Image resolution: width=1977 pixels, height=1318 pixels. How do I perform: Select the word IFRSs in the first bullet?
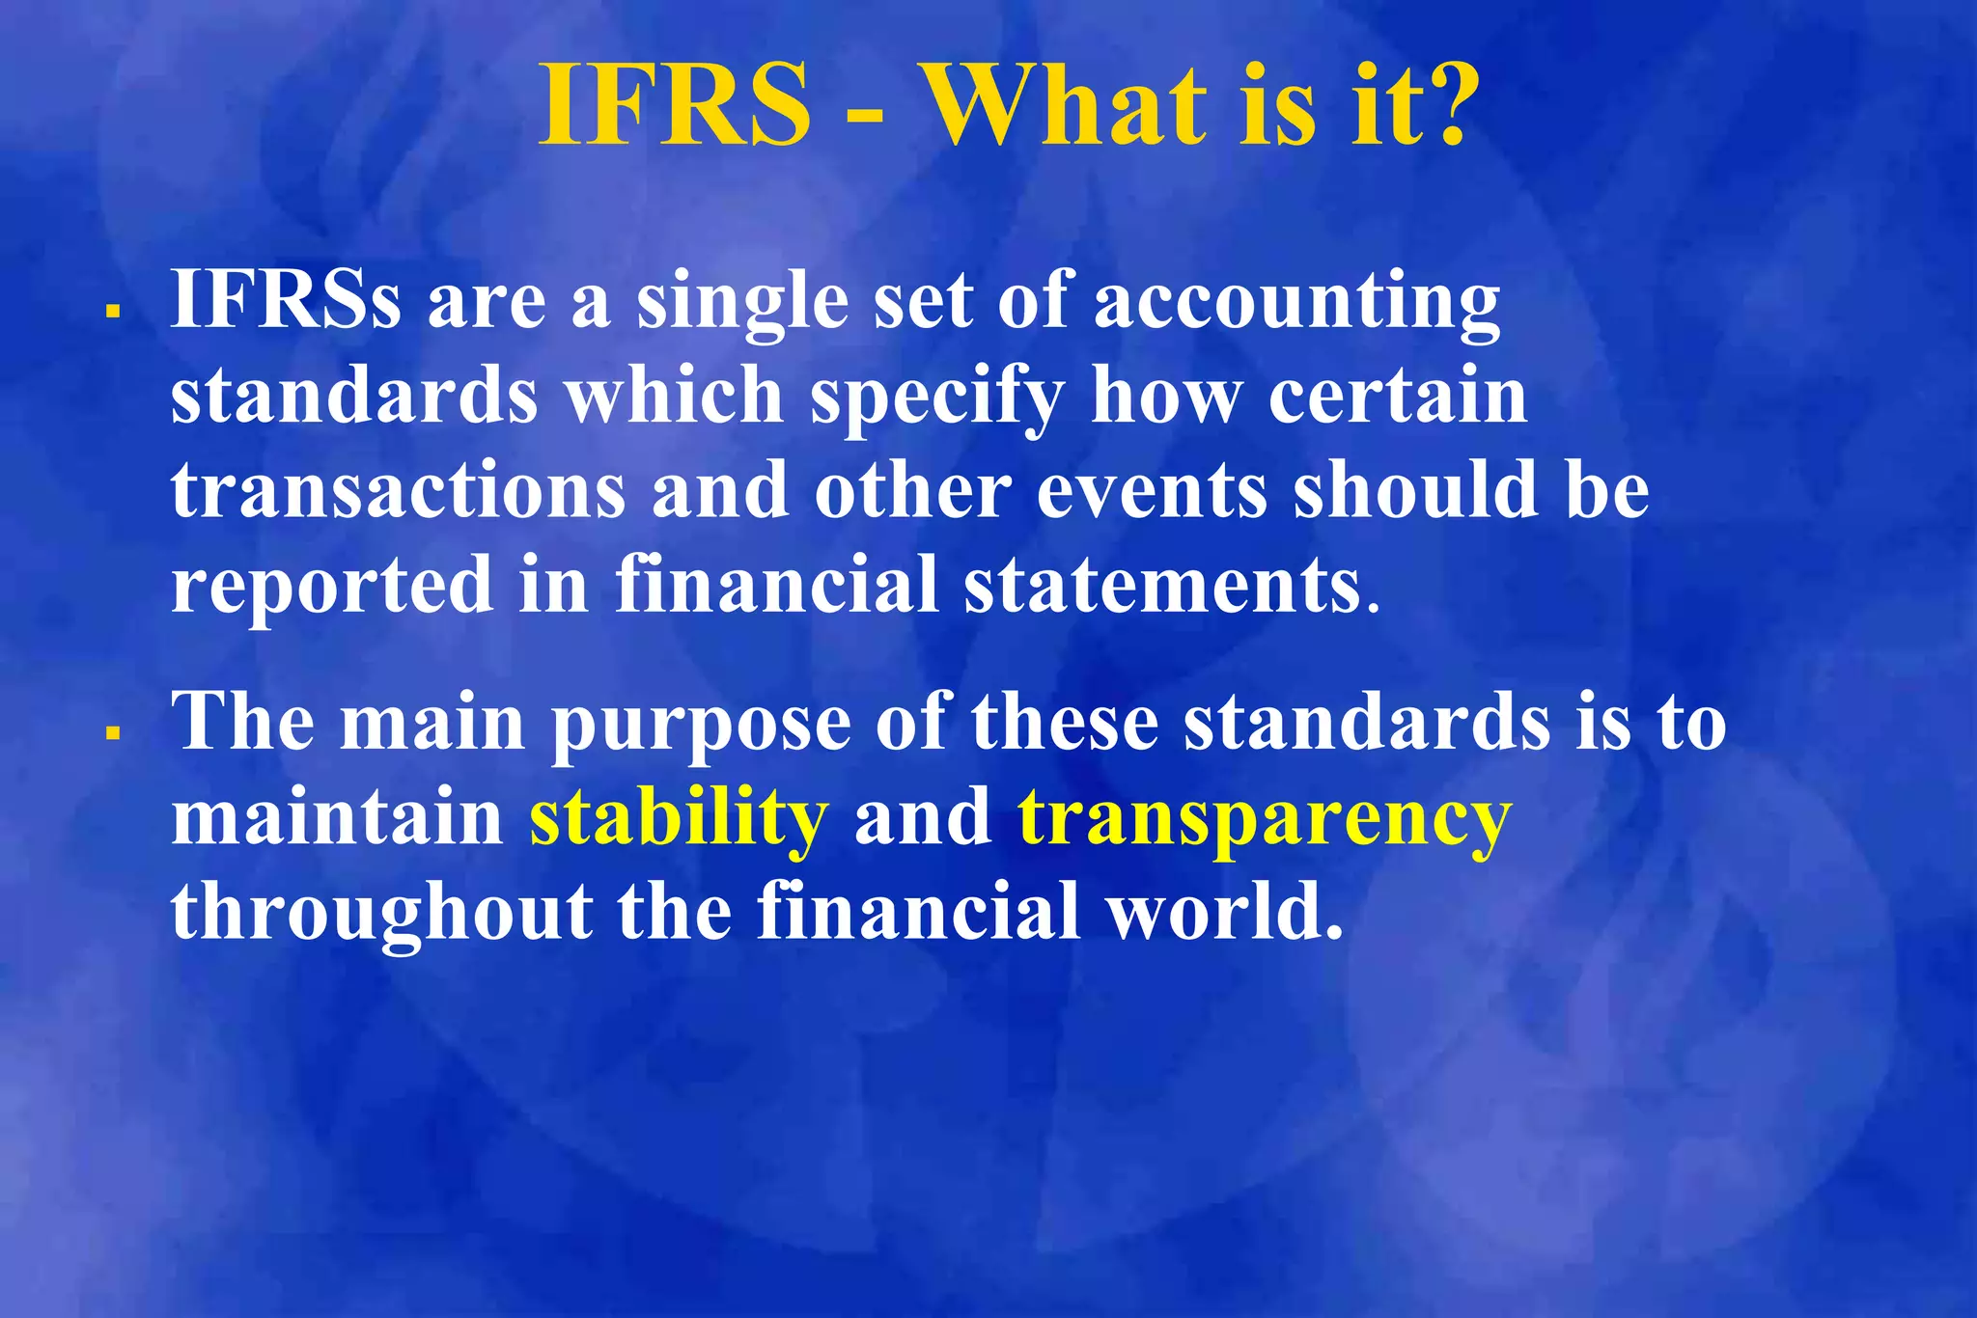(x=286, y=300)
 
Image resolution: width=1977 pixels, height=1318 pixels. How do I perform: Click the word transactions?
(x=399, y=491)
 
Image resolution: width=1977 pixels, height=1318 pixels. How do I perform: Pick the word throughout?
(x=382, y=913)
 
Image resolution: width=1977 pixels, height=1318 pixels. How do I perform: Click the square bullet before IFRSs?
(x=113, y=311)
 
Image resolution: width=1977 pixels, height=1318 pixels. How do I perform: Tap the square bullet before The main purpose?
(x=113, y=733)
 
